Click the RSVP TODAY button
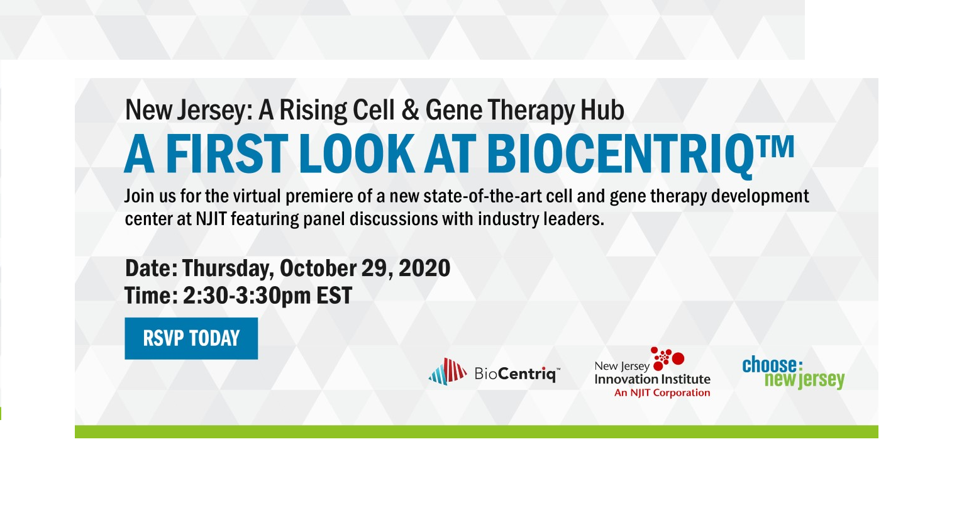191,338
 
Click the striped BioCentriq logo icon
447,372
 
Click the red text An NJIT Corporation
662,393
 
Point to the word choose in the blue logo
769,365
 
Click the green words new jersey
804,380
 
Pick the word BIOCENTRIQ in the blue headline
619,154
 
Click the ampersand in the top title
410,111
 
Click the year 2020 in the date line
424,269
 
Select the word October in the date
318,269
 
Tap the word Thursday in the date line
228,269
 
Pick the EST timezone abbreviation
334,296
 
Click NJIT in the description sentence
211,219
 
